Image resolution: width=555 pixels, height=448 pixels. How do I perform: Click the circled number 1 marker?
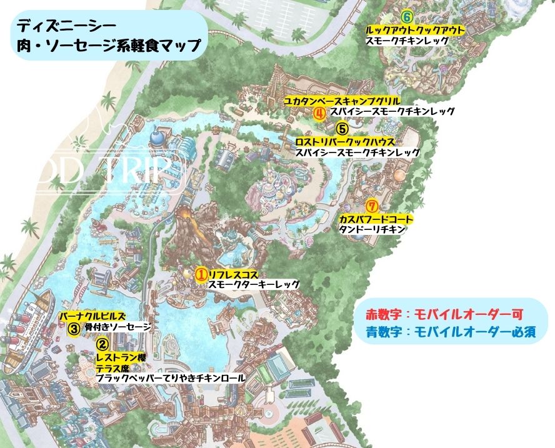(x=201, y=274)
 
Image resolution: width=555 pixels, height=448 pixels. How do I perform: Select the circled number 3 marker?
(x=73, y=327)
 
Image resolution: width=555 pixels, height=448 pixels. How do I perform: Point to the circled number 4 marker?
(x=319, y=112)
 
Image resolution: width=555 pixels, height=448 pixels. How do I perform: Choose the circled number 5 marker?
(x=341, y=129)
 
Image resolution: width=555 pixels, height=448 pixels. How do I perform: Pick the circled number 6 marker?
(x=407, y=17)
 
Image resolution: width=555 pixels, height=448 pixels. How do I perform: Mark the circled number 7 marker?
(x=372, y=206)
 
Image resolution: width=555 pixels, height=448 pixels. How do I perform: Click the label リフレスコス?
(x=233, y=274)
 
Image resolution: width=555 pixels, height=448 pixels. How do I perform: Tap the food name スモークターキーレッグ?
(x=254, y=285)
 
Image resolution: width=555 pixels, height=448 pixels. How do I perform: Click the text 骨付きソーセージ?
(x=117, y=327)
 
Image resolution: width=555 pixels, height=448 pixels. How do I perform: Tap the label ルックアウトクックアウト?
(x=415, y=29)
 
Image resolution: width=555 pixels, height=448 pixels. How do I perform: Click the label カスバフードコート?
(x=376, y=219)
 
